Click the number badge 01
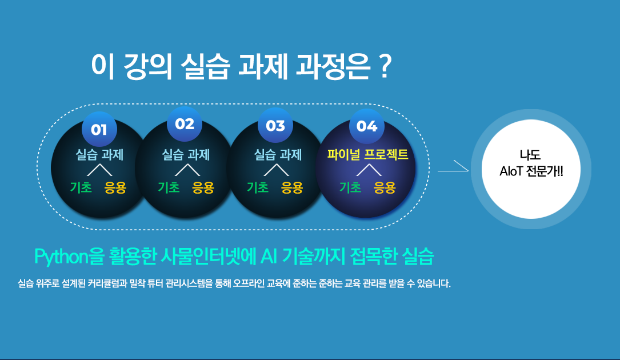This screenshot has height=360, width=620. tap(99, 129)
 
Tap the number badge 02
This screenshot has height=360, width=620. tap(185, 124)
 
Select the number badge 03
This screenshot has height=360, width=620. tap(275, 125)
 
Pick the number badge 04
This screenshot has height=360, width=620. tap(367, 126)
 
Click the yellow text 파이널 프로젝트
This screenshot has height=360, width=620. tap(367, 154)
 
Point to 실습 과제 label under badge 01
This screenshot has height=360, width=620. tap(99, 154)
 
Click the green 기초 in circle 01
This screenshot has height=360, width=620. tap(81, 187)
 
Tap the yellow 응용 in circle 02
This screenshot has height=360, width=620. tap(203, 187)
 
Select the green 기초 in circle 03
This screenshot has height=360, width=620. tap(257, 187)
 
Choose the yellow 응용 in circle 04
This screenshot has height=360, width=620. tap(385, 187)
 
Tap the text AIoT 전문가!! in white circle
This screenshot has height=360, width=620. tap(531, 171)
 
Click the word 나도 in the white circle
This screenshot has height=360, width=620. tap(530, 155)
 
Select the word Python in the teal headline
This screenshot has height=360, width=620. tap(61, 257)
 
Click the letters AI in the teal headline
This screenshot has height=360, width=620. tap(269, 257)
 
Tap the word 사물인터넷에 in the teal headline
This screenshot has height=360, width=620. tap(209, 257)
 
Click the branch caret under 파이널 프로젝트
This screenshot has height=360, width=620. tap(369, 170)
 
